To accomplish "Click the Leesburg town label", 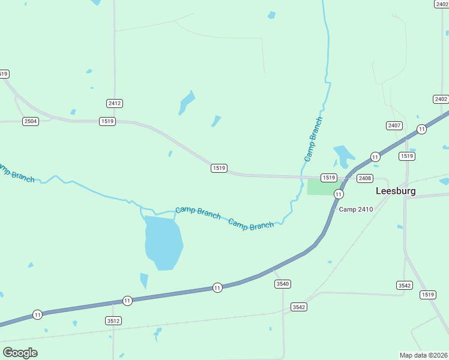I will click(x=395, y=191).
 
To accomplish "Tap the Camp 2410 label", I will click(x=356, y=209).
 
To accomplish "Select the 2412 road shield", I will click(x=115, y=103).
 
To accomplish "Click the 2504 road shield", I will click(x=31, y=121).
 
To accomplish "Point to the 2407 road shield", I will click(x=394, y=125).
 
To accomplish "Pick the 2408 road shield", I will click(x=365, y=178).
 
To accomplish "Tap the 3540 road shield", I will click(x=282, y=283).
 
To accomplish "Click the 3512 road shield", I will click(x=113, y=321).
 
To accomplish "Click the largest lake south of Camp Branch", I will click(x=163, y=242).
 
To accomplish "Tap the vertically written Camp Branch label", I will click(x=313, y=139).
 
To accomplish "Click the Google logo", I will click(x=20, y=352).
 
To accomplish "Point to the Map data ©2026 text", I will click(x=423, y=355).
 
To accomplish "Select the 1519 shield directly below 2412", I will click(x=107, y=121).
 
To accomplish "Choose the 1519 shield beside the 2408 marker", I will click(x=328, y=178).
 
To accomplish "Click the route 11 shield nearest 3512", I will click(x=127, y=300).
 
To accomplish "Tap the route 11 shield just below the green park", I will click(x=339, y=194).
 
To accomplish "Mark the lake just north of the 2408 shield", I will click(x=344, y=156).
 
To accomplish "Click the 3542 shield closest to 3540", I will click(x=299, y=307).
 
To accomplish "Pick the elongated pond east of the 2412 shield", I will click(x=187, y=103).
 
